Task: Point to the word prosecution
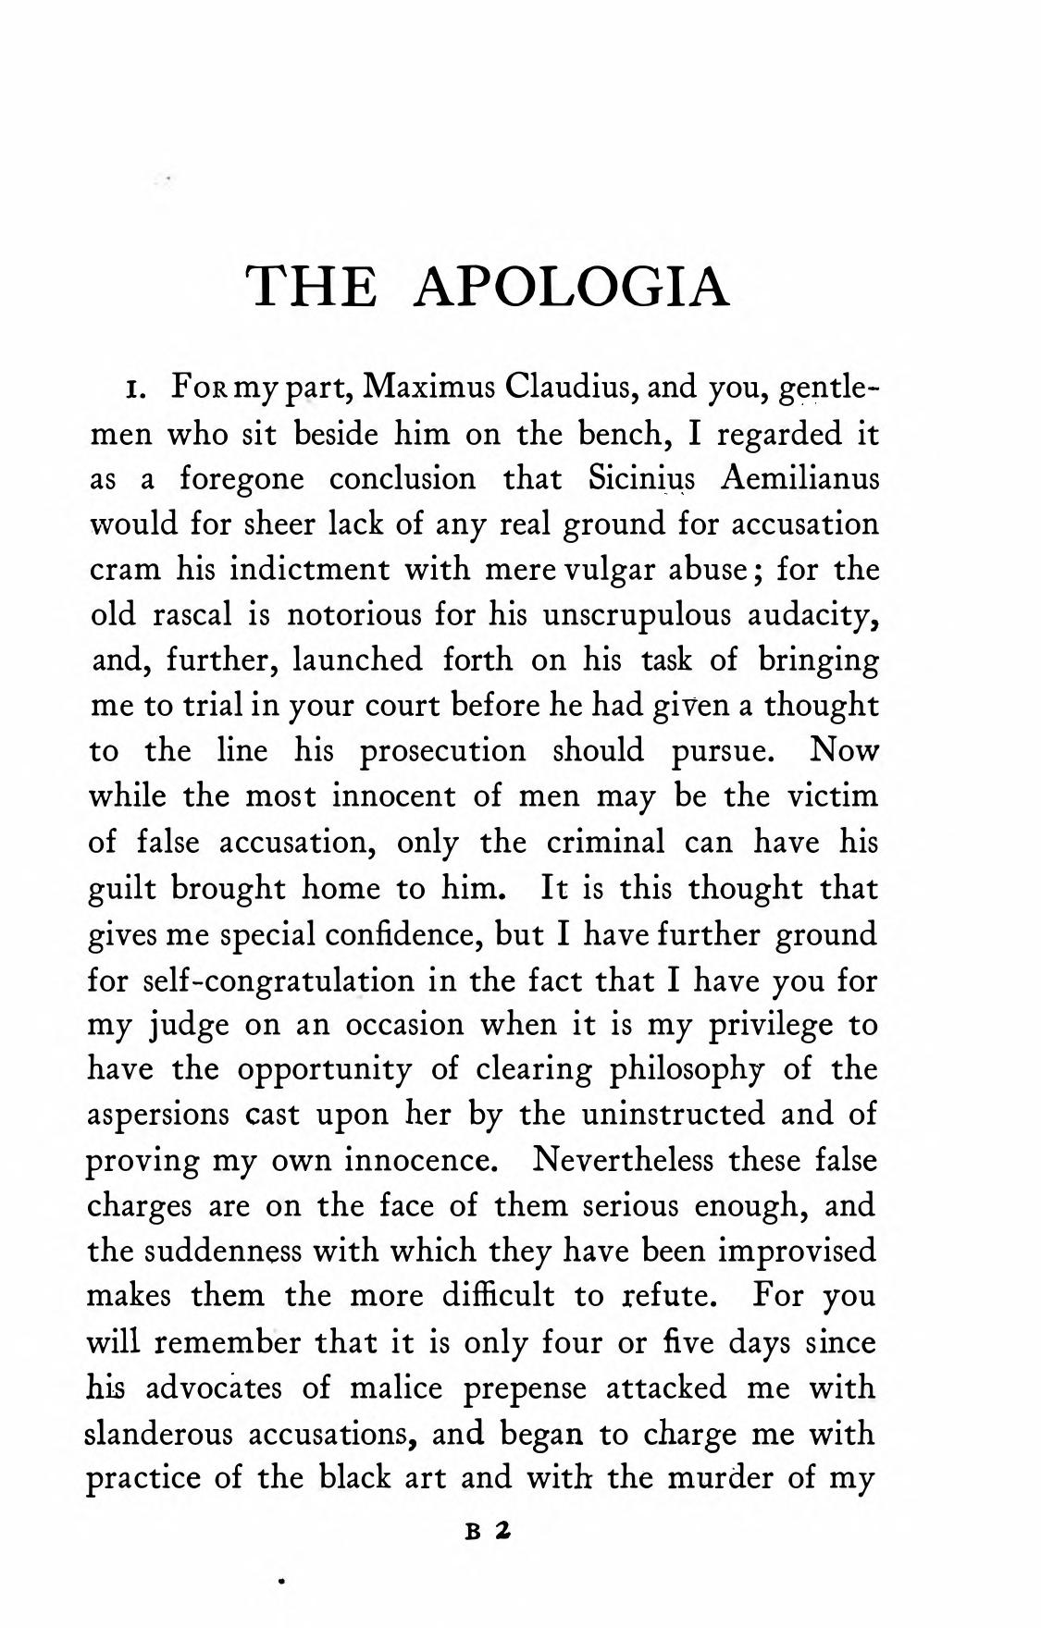click(442, 751)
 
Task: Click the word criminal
click(605, 842)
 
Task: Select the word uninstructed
click(673, 1115)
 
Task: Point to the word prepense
click(524, 1387)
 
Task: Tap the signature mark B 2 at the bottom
click(488, 1530)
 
